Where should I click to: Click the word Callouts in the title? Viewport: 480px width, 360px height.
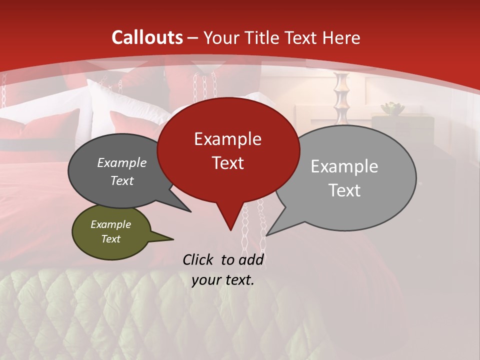click(x=147, y=37)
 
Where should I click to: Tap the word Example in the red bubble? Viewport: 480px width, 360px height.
click(x=227, y=139)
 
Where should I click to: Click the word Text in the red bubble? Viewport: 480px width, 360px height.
click(x=227, y=163)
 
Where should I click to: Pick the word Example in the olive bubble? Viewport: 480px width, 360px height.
click(x=110, y=224)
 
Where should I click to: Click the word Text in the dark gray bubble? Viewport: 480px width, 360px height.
click(x=122, y=180)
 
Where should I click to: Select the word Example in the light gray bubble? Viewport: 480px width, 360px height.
click(x=344, y=166)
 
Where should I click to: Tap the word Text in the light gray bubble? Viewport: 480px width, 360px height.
click(x=344, y=190)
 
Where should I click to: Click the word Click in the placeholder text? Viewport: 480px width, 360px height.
click(x=199, y=259)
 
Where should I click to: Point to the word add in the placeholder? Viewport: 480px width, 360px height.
click(x=250, y=259)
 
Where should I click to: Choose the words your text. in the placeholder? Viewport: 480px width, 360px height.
click(x=223, y=280)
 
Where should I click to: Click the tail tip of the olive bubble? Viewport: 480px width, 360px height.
click(x=173, y=239)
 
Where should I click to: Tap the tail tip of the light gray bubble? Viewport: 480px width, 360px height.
click(x=267, y=235)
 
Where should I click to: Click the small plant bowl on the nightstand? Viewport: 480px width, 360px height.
click(x=391, y=107)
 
